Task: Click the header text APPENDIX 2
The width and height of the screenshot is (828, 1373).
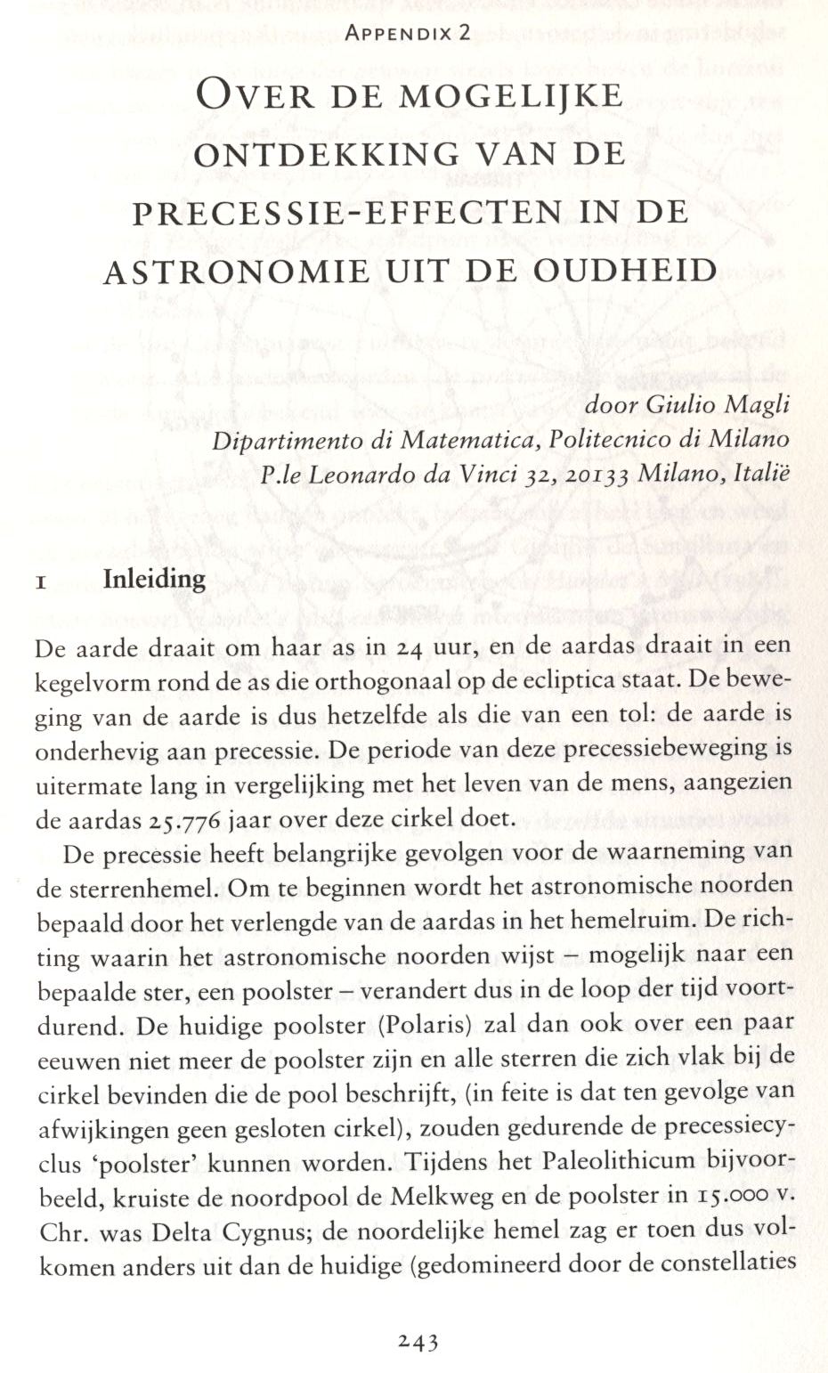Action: click(x=408, y=34)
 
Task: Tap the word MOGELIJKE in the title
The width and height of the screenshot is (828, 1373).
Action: click(x=511, y=94)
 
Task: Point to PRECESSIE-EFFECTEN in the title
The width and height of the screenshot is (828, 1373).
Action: click(x=348, y=213)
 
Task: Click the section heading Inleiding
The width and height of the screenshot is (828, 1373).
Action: click(x=154, y=580)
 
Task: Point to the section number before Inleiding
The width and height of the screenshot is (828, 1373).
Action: click(x=40, y=583)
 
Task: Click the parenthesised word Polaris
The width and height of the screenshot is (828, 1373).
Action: click(x=424, y=1025)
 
